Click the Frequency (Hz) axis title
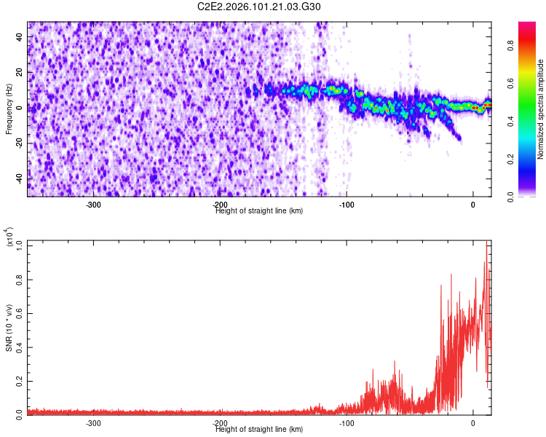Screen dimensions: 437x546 pyautogui.click(x=9, y=109)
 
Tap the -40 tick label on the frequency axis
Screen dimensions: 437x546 pyautogui.click(x=20, y=178)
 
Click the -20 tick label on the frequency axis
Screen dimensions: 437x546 pyautogui.click(x=20, y=143)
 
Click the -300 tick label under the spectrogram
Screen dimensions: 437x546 pyautogui.click(x=92, y=205)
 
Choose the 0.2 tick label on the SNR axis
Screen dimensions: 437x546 pyautogui.click(x=20, y=380)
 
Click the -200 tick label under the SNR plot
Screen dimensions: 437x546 pyautogui.click(x=219, y=423)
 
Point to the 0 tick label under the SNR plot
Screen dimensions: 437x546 pyautogui.click(x=473, y=423)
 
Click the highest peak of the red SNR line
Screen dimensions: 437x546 pyautogui.click(x=487, y=242)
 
